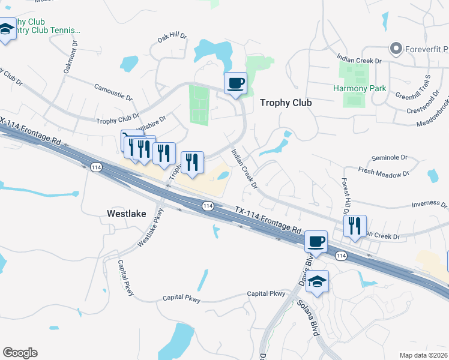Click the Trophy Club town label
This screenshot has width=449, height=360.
coord(286,103)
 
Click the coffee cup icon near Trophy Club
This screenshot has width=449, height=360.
coord(235,83)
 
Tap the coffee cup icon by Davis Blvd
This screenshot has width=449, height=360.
coord(316,242)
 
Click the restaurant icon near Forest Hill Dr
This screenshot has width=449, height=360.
coord(354,226)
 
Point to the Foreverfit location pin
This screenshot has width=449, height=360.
coord(395,48)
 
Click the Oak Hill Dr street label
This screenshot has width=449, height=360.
coord(172,37)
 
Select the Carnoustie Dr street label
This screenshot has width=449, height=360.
coord(113,92)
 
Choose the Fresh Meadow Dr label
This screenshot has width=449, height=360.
coord(384,172)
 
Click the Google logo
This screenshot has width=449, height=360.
coord(20,353)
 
